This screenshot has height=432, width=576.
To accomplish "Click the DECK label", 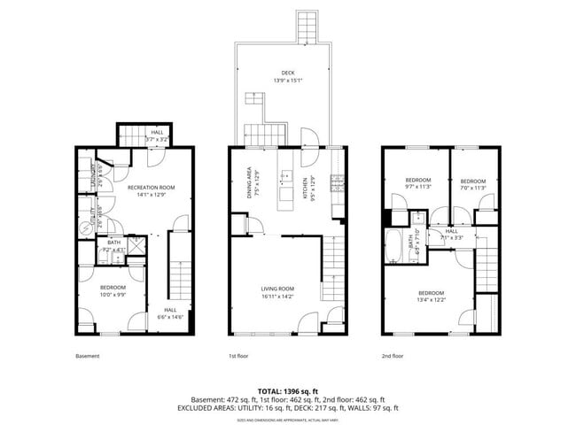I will [287, 73].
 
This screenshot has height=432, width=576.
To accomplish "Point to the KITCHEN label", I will [304, 187].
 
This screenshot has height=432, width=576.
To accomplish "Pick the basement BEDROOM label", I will [113, 288].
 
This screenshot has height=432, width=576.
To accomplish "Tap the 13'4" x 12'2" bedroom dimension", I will [431, 300].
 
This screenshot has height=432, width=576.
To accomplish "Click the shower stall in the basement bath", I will [136, 245].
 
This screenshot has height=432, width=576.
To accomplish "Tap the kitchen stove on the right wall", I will [337, 184].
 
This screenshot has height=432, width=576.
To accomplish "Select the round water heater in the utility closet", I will [86, 228].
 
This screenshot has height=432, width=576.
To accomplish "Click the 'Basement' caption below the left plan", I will [87, 356].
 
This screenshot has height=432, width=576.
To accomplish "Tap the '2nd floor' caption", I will [392, 356].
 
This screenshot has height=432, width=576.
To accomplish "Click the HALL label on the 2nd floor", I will [451, 230].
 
